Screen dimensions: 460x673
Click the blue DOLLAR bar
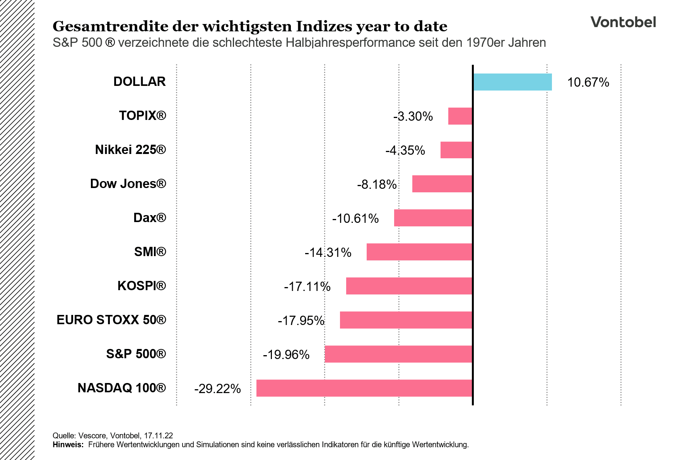pyautogui.click(x=512, y=82)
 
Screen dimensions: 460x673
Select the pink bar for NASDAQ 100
pyautogui.click(x=364, y=388)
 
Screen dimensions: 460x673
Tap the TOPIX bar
pyautogui.click(x=460, y=116)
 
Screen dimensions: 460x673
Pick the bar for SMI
pyautogui.click(x=419, y=252)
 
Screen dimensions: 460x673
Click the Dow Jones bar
pyautogui.click(x=442, y=184)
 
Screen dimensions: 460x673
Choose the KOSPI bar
pyautogui.click(x=409, y=286)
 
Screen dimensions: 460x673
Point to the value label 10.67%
pyautogui.click(x=588, y=82)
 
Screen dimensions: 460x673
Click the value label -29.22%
pyautogui.click(x=217, y=389)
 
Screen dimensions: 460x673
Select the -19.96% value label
pyautogui.click(x=286, y=355)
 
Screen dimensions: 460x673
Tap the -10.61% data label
pyautogui.click(x=355, y=219)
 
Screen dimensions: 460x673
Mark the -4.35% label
pyautogui.click(x=405, y=150)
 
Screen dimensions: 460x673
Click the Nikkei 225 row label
pyautogui.click(x=130, y=150)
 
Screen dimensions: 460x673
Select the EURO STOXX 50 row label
pyautogui.click(x=111, y=320)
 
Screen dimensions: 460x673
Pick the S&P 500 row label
pyautogui.click(x=136, y=354)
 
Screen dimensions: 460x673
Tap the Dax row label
pyautogui.click(x=150, y=218)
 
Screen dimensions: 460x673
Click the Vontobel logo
pyautogui.click(x=623, y=22)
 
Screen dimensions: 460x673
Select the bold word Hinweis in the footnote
pyautogui.click(x=68, y=445)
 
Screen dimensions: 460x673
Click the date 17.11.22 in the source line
pyautogui.click(x=158, y=436)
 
